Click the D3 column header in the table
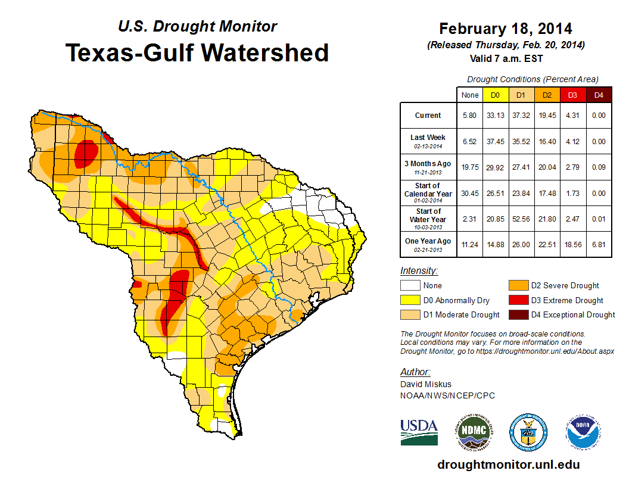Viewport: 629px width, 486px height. [572, 95]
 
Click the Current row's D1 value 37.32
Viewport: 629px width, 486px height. [521, 116]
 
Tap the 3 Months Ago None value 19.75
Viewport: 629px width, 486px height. [469, 167]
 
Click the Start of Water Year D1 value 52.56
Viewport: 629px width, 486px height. [521, 219]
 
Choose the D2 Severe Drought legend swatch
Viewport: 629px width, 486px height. [517, 285]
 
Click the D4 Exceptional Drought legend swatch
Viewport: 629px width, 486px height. [517, 314]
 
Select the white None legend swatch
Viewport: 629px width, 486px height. [410, 285]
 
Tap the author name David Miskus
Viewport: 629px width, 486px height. [426, 384]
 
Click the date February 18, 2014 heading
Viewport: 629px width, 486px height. [505, 29]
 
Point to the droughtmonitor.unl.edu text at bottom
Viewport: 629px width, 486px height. [508, 465]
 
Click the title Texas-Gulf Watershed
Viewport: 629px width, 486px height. [197, 52]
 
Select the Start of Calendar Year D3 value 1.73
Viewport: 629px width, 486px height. [572, 194]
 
